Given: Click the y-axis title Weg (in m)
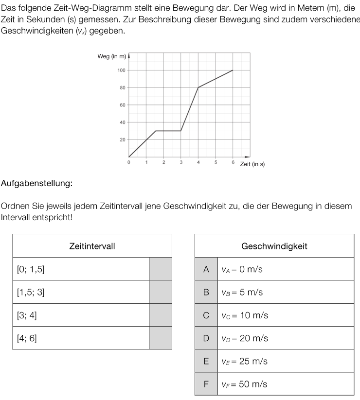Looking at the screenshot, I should pos(111,57).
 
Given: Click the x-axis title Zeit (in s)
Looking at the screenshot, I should pos(252,164).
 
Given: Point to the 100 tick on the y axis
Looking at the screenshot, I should pos(121,70).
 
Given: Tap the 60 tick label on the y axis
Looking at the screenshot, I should pos(123,105).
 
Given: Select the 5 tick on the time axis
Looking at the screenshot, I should pos(216,162).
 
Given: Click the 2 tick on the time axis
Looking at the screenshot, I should pos(163,162).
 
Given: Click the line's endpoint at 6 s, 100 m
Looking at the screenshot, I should pos(233,70).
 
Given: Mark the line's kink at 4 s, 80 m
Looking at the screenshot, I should pos(198,87).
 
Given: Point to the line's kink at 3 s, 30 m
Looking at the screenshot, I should pos(181,131).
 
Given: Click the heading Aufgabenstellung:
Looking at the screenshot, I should pos(36,183).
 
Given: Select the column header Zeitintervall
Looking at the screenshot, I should pos(92,246).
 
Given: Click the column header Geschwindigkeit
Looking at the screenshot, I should pos(274,246).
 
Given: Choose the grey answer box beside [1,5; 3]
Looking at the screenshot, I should pos(160,292).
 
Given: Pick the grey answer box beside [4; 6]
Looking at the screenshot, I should pos(160,338).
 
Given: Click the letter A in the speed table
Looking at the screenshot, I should pos(206,269).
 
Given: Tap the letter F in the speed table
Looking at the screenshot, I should pos(206,384).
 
